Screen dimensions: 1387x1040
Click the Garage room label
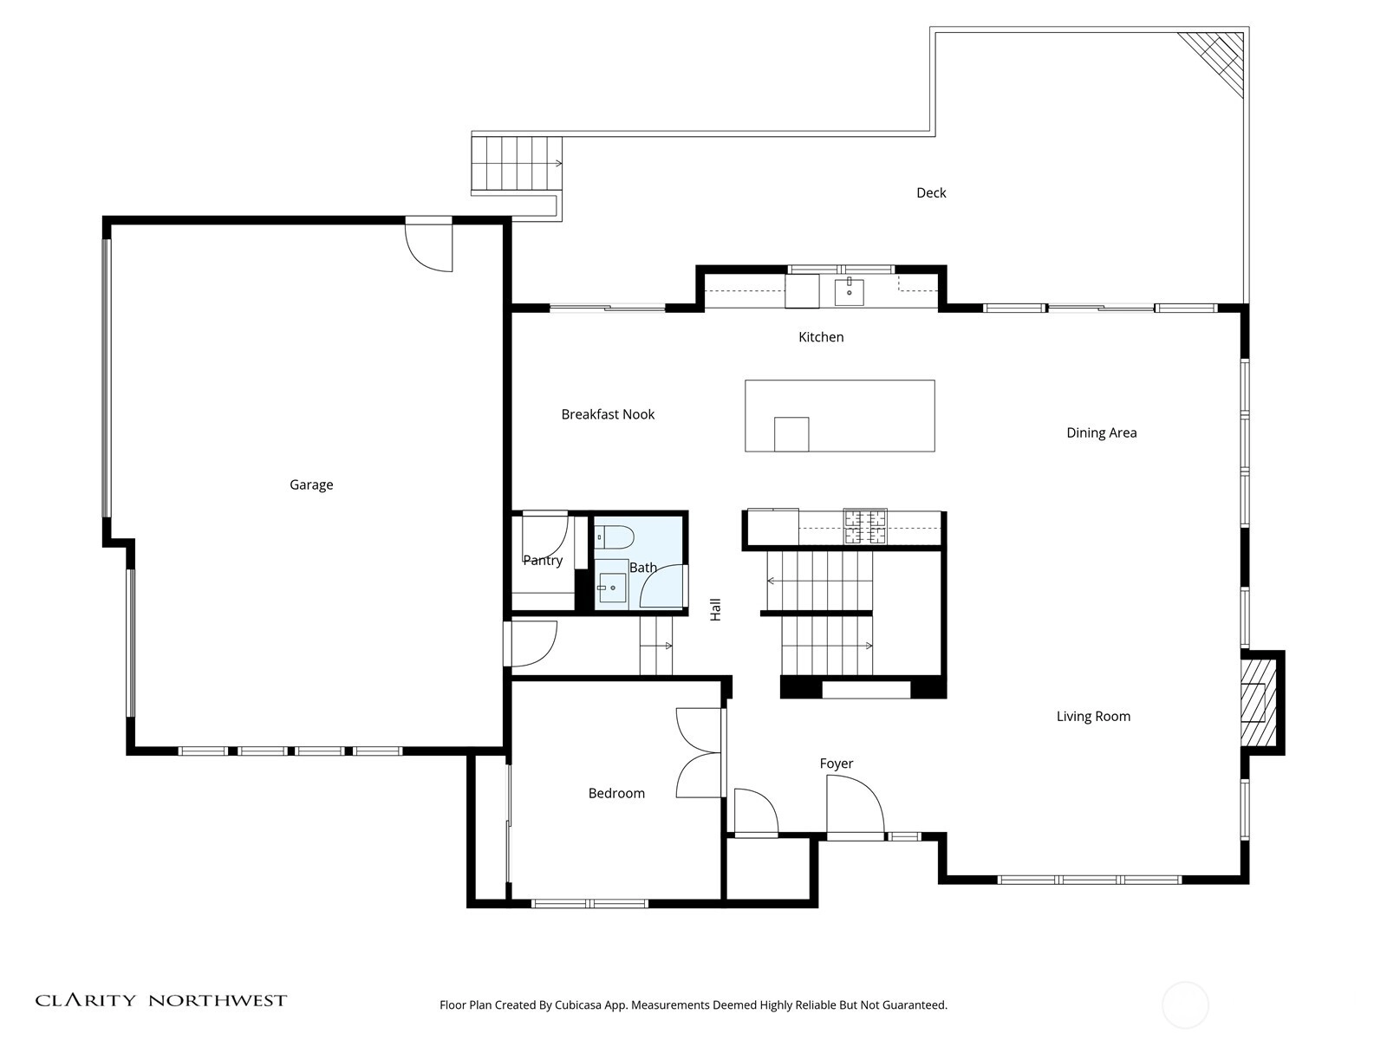pyautogui.click(x=311, y=484)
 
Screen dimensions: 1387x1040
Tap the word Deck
pyautogui.click(x=931, y=192)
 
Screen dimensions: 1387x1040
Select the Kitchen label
pyautogui.click(x=821, y=336)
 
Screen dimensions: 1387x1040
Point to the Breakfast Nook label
pyautogui.click(x=608, y=414)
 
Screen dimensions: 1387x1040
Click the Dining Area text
pyautogui.click(x=1102, y=432)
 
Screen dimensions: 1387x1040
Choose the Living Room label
pyautogui.click(x=1093, y=716)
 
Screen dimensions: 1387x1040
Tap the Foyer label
pyautogui.click(x=836, y=764)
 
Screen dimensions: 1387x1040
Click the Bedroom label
pyautogui.click(x=616, y=793)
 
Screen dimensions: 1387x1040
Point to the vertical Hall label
pyautogui.click(x=715, y=609)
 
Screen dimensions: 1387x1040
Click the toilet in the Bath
pyautogui.click(x=615, y=536)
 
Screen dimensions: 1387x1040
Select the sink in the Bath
pyautogui.click(x=612, y=588)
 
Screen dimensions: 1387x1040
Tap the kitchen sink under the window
pyautogui.click(x=849, y=291)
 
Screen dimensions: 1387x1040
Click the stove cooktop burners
pyautogui.click(x=865, y=526)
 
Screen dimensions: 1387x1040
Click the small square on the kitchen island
pyautogui.click(x=791, y=434)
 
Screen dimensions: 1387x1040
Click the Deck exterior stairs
pyautogui.click(x=517, y=163)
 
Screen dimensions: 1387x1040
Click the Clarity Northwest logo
pyautogui.click(x=160, y=1000)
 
